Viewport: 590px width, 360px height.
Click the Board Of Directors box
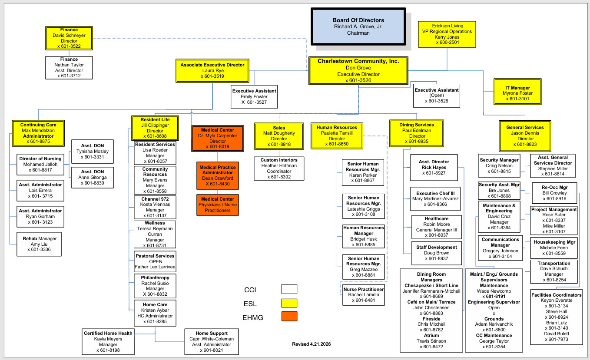click(358, 26)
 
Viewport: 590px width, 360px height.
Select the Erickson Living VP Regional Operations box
click(447, 34)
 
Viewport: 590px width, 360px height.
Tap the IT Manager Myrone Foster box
click(517, 93)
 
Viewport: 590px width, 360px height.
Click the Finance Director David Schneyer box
click(69, 38)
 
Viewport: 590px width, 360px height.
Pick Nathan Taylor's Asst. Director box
click(69, 68)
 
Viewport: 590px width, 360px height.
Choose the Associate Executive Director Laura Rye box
click(212, 70)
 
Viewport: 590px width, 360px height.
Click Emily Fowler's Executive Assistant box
click(254, 96)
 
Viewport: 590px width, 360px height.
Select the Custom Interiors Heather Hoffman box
click(279, 168)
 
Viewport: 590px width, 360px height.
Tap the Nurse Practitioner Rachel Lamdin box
click(364, 295)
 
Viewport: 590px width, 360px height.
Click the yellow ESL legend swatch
click(289, 303)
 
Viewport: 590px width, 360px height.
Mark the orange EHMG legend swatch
click(289, 317)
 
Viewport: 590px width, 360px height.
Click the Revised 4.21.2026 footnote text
click(312, 344)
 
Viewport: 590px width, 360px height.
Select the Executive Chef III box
click(435, 199)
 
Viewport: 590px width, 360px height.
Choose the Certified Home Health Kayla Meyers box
click(108, 341)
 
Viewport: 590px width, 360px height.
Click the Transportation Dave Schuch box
click(554, 271)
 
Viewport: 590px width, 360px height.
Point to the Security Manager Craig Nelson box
click(499, 165)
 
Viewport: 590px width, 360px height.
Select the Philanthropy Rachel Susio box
click(155, 286)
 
